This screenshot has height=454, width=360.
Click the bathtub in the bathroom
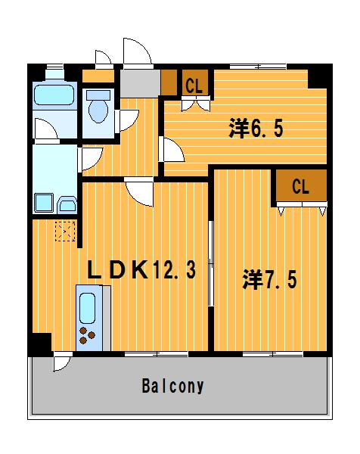[x=53, y=97]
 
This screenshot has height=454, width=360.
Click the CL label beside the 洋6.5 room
[x=194, y=86]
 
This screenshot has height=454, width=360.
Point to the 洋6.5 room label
[x=256, y=129]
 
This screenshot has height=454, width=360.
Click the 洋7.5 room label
[x=269, y=279]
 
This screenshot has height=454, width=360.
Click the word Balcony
[x=172, y=386]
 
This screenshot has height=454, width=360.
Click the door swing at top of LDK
[x=140, y=191]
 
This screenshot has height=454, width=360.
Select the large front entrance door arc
[x=137, y=51]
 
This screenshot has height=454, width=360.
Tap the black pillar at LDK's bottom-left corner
[x=39, y=344]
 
